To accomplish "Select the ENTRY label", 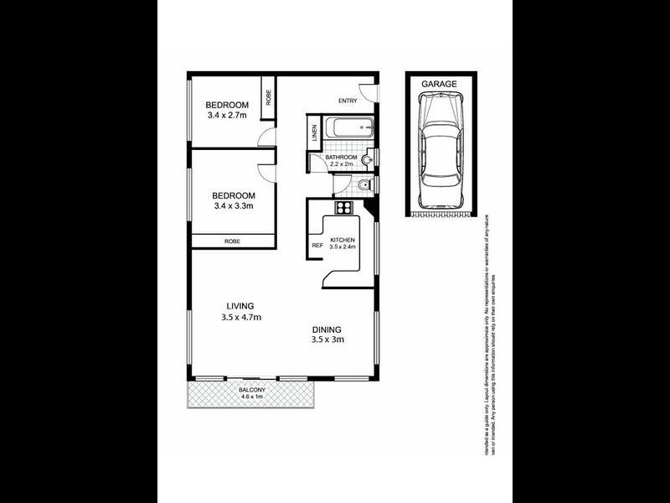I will pos(348,101).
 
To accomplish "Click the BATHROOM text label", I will pos(342,158).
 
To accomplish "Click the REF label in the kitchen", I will pos(317,246).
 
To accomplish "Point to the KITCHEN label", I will pos(343,240).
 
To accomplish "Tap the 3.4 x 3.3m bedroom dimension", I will pos(233,205).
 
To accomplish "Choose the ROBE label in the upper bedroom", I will pos(269,96).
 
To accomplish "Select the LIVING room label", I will pos(240,306).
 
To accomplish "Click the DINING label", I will pos(327,329).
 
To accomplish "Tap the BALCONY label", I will pos(252,390).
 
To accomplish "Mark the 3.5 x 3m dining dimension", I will pos(327,340).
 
